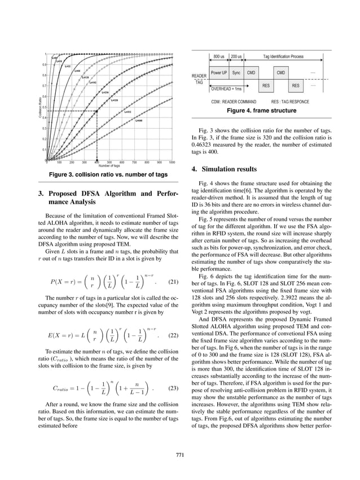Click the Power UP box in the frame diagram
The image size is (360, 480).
[219, 73]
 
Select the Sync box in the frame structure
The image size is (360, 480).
[236, 73]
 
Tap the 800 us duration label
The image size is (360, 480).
[219, 57]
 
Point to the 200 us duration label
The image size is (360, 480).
[236, 57]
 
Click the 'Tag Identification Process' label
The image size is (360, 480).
[283, 57]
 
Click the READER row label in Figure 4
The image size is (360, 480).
[199, 76]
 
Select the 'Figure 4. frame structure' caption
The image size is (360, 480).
[261, 111]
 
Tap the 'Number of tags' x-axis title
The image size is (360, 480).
[109, 166]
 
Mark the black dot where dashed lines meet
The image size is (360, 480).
[96, 111]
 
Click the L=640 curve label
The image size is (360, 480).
[139, 121]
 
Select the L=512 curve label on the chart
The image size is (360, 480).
[128, 112]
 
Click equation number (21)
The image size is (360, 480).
[174, 280]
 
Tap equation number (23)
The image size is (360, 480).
[174, 389]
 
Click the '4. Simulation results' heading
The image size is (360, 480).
[226, 169]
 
